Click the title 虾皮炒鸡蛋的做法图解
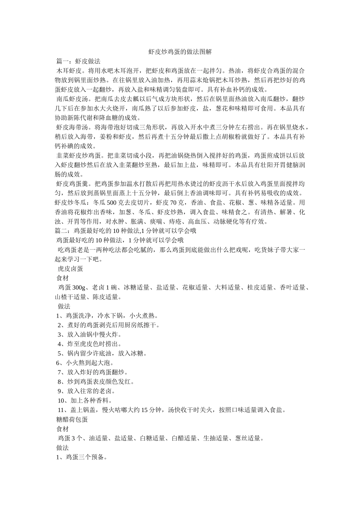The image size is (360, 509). [x=180, y=52]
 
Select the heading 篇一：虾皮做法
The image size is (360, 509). [x=78, y=61]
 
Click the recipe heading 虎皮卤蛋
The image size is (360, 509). [x=70, y=269]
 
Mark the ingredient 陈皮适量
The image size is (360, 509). [x=107, y=297]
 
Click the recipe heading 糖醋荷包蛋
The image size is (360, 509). [x=72, y=420]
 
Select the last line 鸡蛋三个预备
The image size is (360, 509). [x=82, y=457]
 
